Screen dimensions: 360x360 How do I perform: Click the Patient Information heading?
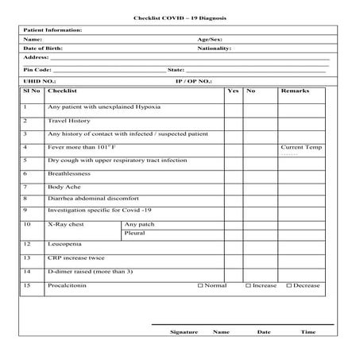pos(52,30)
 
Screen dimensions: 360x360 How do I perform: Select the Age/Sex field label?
pos(210,39)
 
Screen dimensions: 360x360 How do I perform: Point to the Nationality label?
pos(214,48)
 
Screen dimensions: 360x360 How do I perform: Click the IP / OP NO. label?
pos(193,81)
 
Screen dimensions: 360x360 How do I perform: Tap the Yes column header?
pos(233,91)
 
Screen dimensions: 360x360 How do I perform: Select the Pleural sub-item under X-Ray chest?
pos(134,234)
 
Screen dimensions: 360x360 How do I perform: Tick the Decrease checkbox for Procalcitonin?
pos(289,285)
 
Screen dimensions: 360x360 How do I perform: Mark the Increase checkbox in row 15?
pos(248,285)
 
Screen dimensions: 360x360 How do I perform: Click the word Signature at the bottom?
pos(184,331)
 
